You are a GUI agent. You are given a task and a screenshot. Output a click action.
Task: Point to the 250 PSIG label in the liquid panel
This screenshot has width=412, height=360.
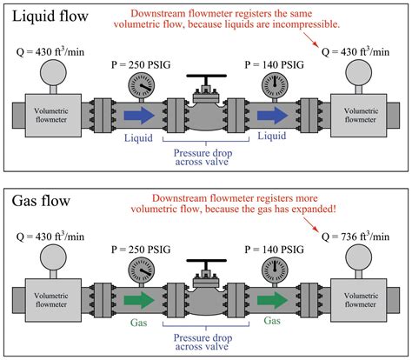[x=131, y=63]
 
